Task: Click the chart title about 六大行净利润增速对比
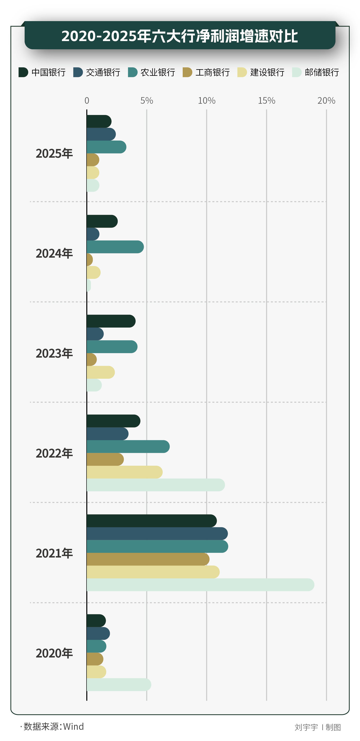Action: click(180, 36)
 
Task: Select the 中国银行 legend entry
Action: click(42, 72)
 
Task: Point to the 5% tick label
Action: click(147, 100)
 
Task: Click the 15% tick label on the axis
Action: click(267, 100)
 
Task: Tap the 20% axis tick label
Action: click(326, 100)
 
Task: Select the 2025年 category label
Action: click(54, 153)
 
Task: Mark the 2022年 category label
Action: click(54, 453)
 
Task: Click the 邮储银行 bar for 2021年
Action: click(201, 585)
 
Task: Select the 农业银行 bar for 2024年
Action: click(115, 247)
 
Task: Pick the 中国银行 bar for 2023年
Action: click(111, 321)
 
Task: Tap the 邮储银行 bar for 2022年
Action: click(155, 485)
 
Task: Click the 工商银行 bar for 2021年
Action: click(148, 559)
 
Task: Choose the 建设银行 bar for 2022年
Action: click(125, 472)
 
